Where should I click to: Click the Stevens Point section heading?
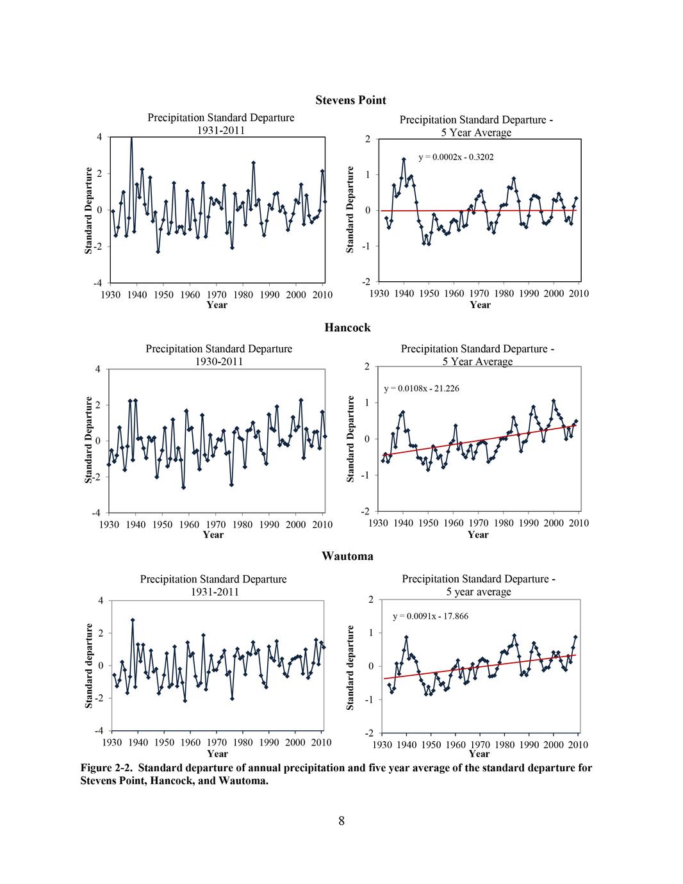tap(350, 101)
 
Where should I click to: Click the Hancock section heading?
tap(347, 327)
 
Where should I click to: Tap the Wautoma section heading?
tap(347, 556)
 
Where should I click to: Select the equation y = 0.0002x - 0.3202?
tap(456, 156)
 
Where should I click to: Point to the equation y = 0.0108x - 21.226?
tap(421, 388)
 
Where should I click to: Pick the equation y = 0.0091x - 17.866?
tap(430, 616)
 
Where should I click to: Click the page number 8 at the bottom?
tap(341, 821)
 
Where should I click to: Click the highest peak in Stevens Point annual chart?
tap(131, 137)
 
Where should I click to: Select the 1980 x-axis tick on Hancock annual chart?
tap(242, 525)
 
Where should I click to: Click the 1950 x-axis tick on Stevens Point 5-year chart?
tap(429, 293)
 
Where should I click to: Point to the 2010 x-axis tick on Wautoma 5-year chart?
tap(578, 744)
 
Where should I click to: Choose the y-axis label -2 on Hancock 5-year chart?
tap(365, 511)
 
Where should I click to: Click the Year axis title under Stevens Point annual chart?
tap(217, 305)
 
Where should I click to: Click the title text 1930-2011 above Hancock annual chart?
tap(218, 361)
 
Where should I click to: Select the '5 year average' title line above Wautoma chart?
tap(479, 591)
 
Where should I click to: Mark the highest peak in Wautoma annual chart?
tap(133, 620)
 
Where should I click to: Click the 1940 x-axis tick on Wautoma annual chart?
tap(138, 742)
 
